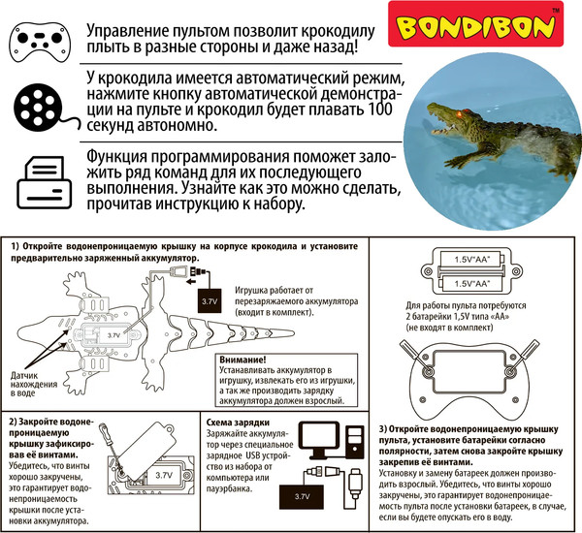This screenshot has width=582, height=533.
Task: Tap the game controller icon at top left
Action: click(40, 41)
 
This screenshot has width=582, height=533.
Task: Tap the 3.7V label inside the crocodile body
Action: click(113, 334)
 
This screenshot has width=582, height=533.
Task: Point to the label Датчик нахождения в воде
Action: click(40, 386)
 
